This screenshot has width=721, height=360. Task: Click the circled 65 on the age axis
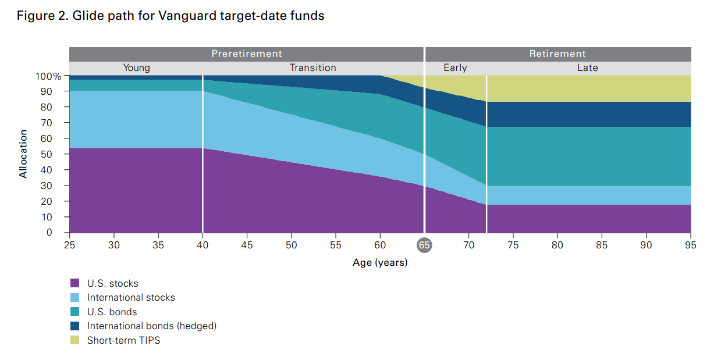pyautogui.click(x=424, y=245)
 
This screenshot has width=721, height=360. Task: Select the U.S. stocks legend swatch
pyautogui.click(x=74, y=283)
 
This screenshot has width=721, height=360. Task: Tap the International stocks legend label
pyautogui.click(x=131, y=298)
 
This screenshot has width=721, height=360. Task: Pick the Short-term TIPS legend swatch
pyautogui.click(x=74, y=340)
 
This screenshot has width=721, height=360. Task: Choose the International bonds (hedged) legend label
pyautogui.click(x=152, y=326)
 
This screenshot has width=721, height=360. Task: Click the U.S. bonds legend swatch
pyautogui.click(x=74, y=312)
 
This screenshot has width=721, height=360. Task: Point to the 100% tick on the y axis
pyautogui.click(x=48, y=76)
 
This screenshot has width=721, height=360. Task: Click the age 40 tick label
pyautogui.click(x=203, y=245)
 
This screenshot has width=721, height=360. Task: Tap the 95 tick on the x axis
pyautogui.click(x=691, y=245)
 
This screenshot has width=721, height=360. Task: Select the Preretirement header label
pyautogui.click(x=246, y=54)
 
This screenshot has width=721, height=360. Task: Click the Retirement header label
pyautogui.click(x=557, y=54)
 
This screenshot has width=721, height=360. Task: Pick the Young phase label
pyautogui.click(x=136, y=68)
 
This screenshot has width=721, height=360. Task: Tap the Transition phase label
pyautogui.click(x=313, y=68)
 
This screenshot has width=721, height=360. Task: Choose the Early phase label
pyautogui.click(x=455, y=68)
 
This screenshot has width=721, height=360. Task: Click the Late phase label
pyautogui.click(x=587, y=68)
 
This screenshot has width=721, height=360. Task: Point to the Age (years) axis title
pyautogui.click(x=380, y=263)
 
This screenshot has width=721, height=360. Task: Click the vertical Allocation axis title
pyautogui.click(x=23, y=154)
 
